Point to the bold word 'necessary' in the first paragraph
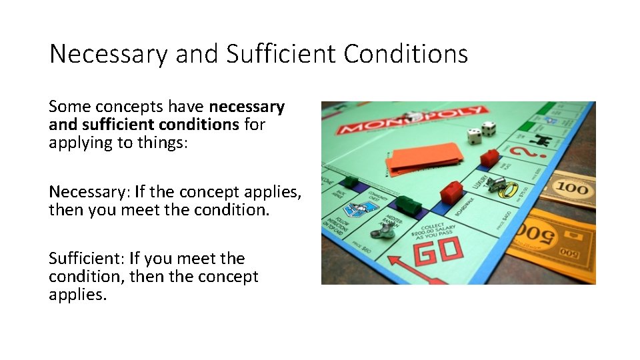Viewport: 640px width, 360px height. coord(246,107)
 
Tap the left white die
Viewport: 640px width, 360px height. coord(474,136)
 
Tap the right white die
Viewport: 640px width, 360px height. coord(489,129)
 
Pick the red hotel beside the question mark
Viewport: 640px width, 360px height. coord(490,157)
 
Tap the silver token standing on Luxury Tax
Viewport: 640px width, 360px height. coord(495,184)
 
